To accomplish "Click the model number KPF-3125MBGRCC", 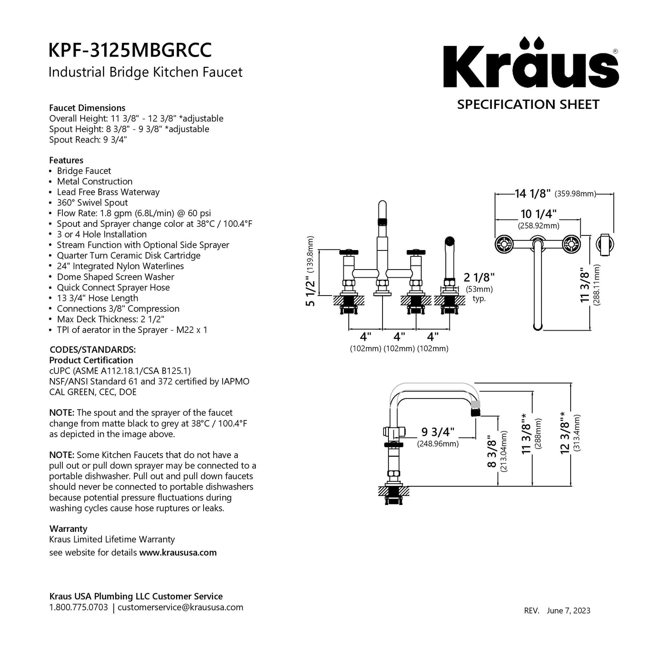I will (x=130, y=51).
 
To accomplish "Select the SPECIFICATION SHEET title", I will (x=528, y=104).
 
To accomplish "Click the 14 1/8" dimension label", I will (x=533, y=194).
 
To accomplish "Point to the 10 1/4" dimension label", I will (x=539, y=214).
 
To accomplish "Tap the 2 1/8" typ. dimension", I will (x=479, y=277).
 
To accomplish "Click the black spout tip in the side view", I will (x=474, y=413).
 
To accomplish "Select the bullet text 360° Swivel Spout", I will (x=92, y=203).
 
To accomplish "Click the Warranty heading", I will (x=68, y=529).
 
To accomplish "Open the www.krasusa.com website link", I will (x=178, y=552).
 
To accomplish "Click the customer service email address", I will (x=180, y=607).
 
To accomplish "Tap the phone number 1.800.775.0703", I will (x=78, y=607).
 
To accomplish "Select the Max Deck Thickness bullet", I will (x=111, y=319).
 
